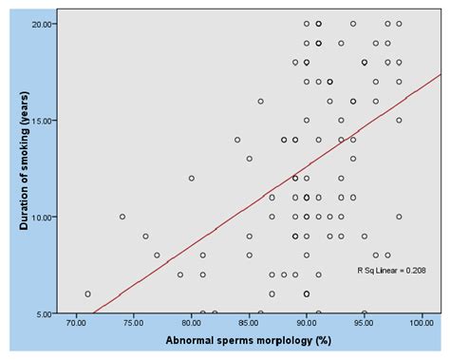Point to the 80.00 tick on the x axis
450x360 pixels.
(192, 323)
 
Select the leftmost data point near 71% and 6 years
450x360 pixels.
(87, 294)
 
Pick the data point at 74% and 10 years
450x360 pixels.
(122, 217)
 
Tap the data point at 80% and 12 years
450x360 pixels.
(192, 178)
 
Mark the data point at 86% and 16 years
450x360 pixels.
(261, 101)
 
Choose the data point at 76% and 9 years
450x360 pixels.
(145, 236)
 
